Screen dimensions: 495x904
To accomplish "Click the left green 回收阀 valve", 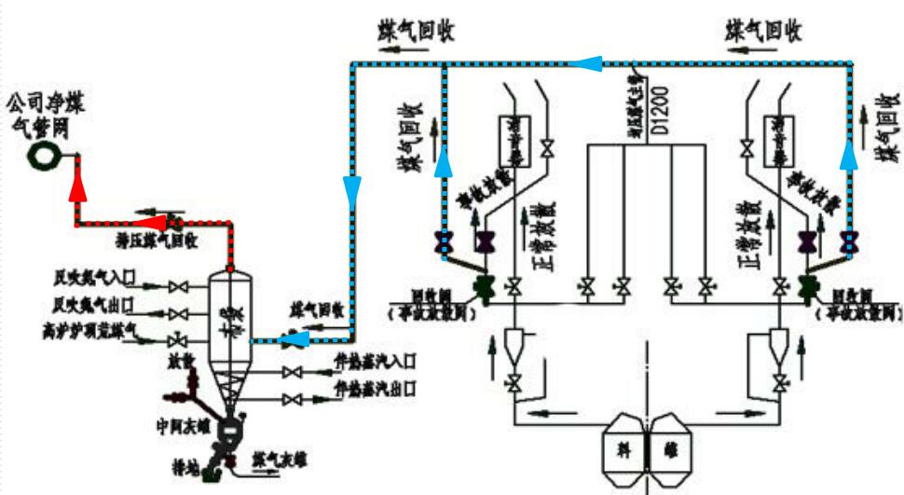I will click(x=484, y=285).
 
